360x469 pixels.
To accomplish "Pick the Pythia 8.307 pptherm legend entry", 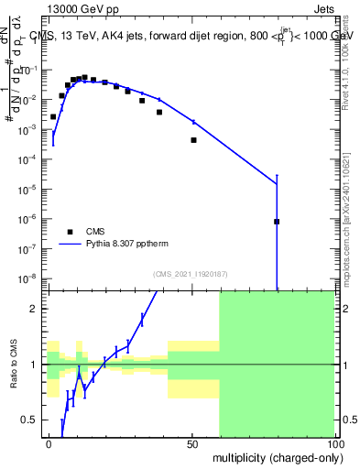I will point(108,245).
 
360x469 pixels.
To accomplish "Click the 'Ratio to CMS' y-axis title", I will point(14,364).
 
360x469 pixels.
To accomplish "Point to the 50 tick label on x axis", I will point(191,443).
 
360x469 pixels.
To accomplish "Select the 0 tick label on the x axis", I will point(49,443).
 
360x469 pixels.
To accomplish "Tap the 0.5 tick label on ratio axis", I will point(29,420).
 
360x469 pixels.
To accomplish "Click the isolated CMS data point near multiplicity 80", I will point(277,222).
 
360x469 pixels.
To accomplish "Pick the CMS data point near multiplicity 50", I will point(193,140).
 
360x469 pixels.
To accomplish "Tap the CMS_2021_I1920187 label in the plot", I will point(191,274).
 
